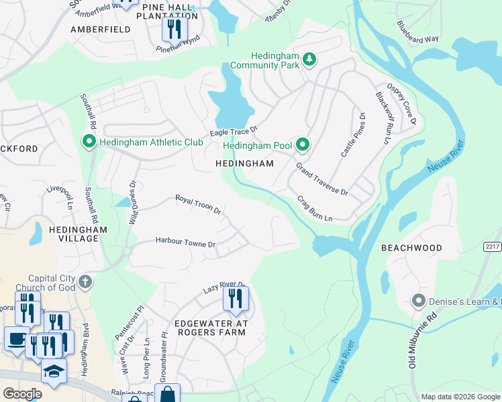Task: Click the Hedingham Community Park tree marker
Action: pyautogui.click(x=309, y=60)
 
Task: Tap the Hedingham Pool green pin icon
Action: pyautogui.click(x=303, y=145)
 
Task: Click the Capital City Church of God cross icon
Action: pyautogui.click(x=85, y=281)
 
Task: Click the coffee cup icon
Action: pyautogui.click(x=17, y=338)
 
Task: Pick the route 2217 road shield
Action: pyautogui.click(x=492, y=247)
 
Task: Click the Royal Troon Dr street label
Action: pyautogui.click(x=198, y=204)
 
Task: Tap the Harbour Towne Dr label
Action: pyautogui.click(x=185, y=241)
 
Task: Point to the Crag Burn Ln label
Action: pyautogui.click(x=315, y=209)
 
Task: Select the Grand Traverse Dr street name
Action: pyautogui.click(x=321, y=179)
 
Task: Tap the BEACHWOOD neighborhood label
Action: pyautogui.click(x=411, y=248)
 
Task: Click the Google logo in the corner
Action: pyautogui.click(x=23, y=393)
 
